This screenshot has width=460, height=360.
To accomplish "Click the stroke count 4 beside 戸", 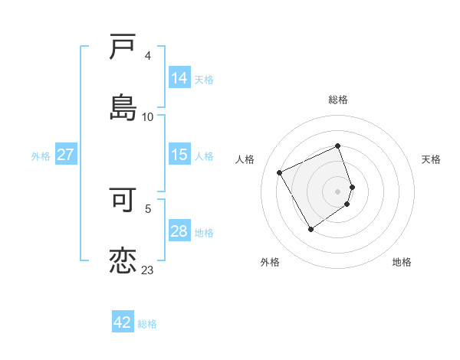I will pos(147,56).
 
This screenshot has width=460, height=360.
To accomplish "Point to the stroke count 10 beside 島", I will pos(147,116).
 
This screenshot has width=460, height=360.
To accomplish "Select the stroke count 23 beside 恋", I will pos(147,270).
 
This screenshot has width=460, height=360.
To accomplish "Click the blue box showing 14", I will pos(179,78).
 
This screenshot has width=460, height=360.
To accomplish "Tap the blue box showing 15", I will pos(179,155).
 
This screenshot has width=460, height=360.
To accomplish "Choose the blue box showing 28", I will pos(179,231).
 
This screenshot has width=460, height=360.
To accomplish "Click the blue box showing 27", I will pos(65,155).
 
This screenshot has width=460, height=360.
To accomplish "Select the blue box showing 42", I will pos(123,322).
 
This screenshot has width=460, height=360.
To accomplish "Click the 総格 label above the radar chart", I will pos(338,100).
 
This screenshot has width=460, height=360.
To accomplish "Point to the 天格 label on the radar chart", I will pos(432,159).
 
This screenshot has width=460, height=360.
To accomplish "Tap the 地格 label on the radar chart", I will pos(402,262).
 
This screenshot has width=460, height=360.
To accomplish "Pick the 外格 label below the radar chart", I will pos(270,262).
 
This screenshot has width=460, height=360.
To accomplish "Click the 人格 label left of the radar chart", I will pos(245,159).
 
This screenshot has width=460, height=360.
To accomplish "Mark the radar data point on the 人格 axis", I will pos(280,172).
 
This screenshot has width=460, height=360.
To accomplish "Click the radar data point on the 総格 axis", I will pos(338,146).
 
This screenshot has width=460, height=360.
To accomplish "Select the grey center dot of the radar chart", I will pos(338,191).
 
